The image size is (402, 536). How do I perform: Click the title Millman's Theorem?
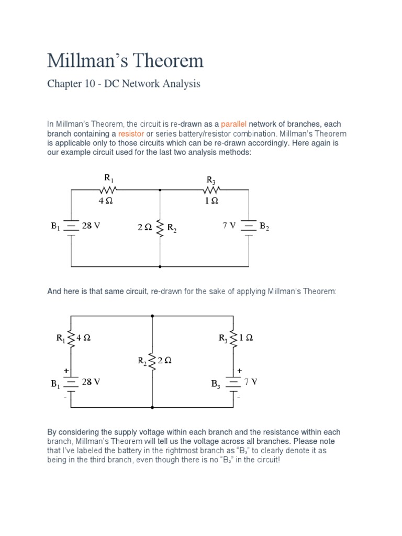coord(125,61)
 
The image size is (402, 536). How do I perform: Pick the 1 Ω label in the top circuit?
coord(212,200)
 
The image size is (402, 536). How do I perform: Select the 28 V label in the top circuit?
coord(91,226)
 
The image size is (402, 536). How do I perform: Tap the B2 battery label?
coord(264,227)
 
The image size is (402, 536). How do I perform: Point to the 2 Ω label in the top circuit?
coord(144,227)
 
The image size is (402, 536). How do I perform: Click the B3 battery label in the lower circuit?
coord(216,384)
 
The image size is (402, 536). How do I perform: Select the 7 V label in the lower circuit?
coord(251,382)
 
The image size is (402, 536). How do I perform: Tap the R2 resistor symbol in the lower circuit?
coord(152,361)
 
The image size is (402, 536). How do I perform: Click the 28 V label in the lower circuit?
coord(91,382)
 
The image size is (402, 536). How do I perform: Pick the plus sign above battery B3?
coord(239,370)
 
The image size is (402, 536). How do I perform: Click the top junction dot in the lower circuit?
coord(152,316)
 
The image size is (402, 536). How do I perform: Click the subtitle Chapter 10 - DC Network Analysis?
coord(124,84)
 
